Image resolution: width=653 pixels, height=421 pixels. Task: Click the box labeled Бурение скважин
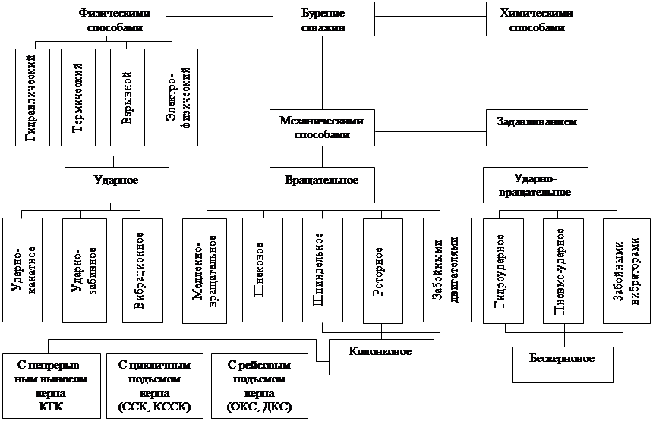tap(323, 19)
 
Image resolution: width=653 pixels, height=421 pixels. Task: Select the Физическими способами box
tap(115, 19)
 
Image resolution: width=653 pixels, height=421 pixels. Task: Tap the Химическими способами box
tap(537, 19)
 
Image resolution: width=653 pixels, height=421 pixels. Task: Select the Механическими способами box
tap(321, 126)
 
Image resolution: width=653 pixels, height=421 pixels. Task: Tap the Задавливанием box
tap(537, 126)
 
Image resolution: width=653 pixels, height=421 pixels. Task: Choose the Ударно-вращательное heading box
tap(537, 185)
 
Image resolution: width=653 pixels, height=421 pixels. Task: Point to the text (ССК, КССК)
tap(154, 407)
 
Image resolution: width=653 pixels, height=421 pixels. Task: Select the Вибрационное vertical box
tap(143, 271)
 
